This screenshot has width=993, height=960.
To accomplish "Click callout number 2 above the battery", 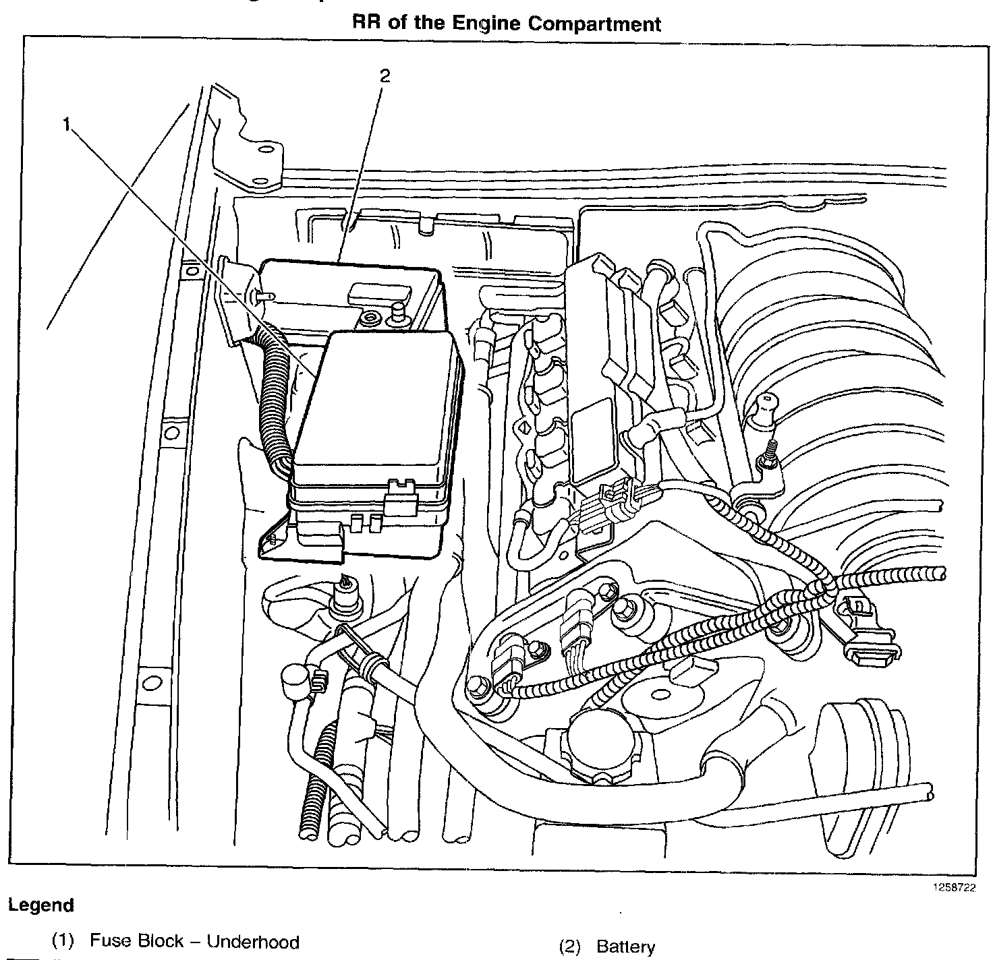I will pos(384,76).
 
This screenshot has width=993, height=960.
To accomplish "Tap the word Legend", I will pos(40,905).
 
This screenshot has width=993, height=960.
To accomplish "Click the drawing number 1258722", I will pos(954,888).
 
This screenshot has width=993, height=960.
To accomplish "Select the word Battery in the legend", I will pos(625,947).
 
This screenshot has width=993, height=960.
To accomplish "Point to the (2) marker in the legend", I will pos(570,947).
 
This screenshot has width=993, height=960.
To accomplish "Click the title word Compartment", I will pos(594,24).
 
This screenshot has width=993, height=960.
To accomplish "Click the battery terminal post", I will pos(399,311).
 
